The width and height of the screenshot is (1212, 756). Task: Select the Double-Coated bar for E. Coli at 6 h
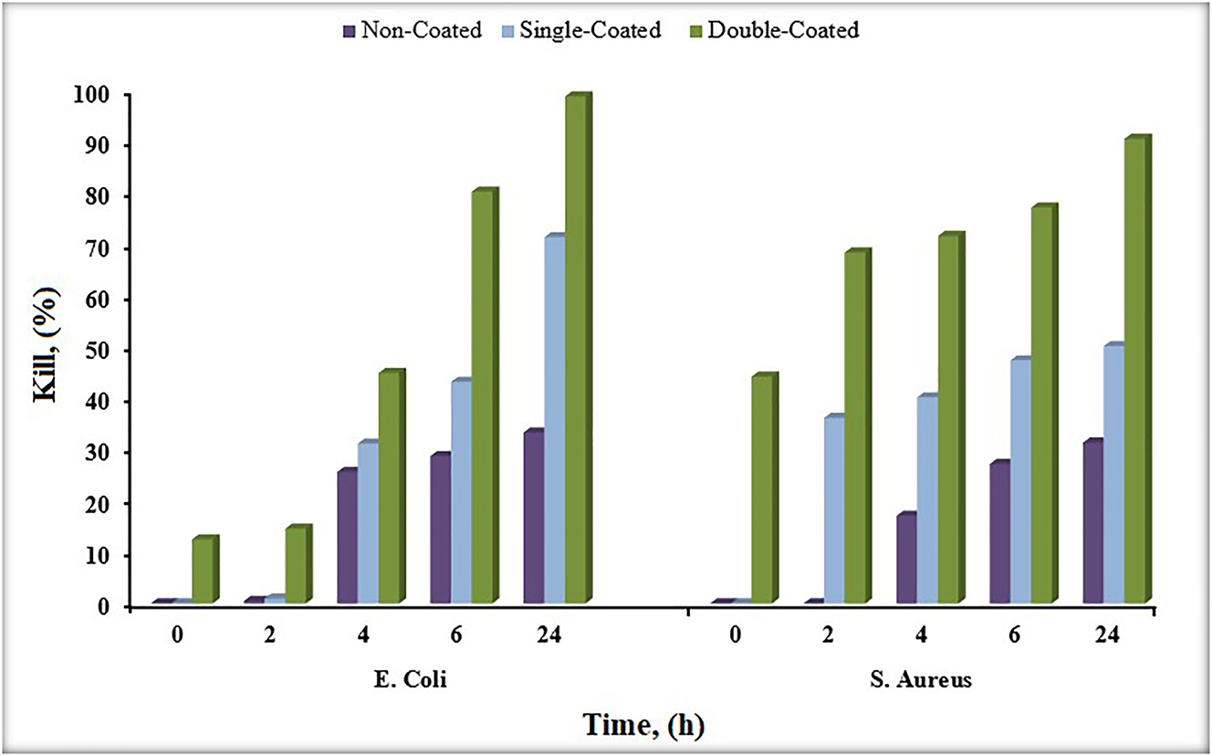(483, 398)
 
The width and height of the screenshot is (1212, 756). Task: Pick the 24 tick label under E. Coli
(547, 635)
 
